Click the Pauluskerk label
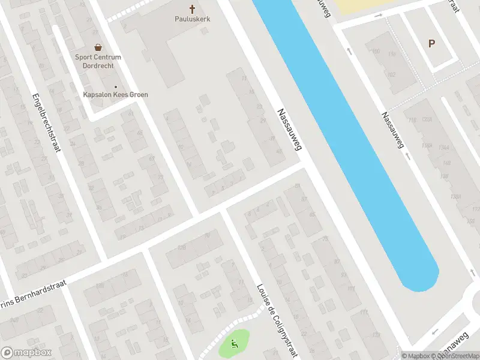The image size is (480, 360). click(x=192, y=19)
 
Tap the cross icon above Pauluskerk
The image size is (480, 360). click(x=193, y=9)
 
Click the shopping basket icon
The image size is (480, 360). click(x=98, y=47)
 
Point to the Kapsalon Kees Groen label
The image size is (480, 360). click(x=115, y=95)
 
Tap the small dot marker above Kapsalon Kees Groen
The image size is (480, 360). click(x=116, y=87)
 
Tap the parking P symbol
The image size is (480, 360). click(x=431, y=43)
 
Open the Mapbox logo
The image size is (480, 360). click(x=26, y=353)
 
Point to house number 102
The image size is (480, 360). click(x=391, y=74)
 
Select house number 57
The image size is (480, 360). click(x=304, y=199)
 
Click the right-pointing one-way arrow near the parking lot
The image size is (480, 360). click(x=378, y=14)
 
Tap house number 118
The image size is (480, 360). click(x=412, y=121)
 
